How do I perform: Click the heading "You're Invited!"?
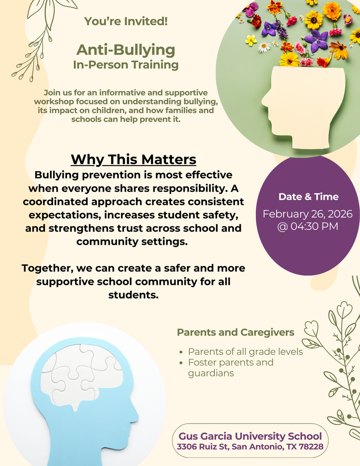126,21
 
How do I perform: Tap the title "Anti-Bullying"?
126,49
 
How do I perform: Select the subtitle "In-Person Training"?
126,65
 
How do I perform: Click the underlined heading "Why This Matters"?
133,160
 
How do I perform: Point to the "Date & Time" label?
308,197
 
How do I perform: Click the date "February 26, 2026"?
308,214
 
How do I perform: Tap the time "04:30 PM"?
314,226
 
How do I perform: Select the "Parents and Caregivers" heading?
235,332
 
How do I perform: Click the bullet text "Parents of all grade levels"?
245,352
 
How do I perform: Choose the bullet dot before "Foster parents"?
182,363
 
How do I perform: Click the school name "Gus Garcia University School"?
250,436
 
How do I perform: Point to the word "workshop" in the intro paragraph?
51,101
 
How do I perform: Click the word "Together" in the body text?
48,268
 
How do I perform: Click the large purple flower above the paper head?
317,40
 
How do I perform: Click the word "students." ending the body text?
133,295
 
